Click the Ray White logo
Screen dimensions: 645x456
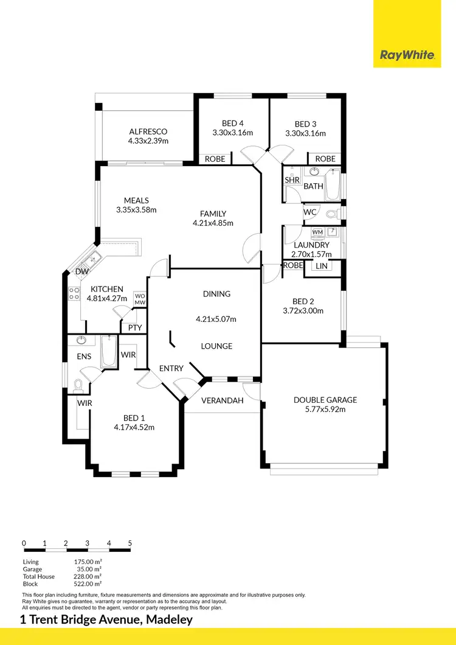click(x=407, y=55)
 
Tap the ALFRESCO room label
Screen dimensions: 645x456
click(x=148, y=131)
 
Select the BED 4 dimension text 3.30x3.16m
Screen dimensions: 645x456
click(x=232, y=133)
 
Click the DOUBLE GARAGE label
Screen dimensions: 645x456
click(x=325, y=400)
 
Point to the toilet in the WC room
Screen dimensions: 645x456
click(x=332, y=214)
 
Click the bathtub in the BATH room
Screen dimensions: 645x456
click(x=333, y=185)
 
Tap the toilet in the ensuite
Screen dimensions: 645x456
click(x=78, y=385)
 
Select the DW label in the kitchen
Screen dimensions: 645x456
click(x=82, y=271)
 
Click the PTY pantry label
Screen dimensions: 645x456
click(x=135, y=327)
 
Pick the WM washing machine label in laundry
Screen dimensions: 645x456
click(x=317, y=232)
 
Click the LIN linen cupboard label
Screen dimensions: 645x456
click(x=321, y=266)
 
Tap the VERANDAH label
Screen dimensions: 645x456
click(x=223, y=400)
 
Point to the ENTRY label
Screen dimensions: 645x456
click(x=171, y=368)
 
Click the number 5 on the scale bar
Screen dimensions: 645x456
click(x=130, y=543)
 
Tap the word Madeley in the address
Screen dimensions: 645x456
click(x=165, y=620)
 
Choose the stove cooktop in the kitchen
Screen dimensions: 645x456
click(x=74, y=294)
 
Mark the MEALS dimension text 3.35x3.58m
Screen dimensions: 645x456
click(x=136, y=210)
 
